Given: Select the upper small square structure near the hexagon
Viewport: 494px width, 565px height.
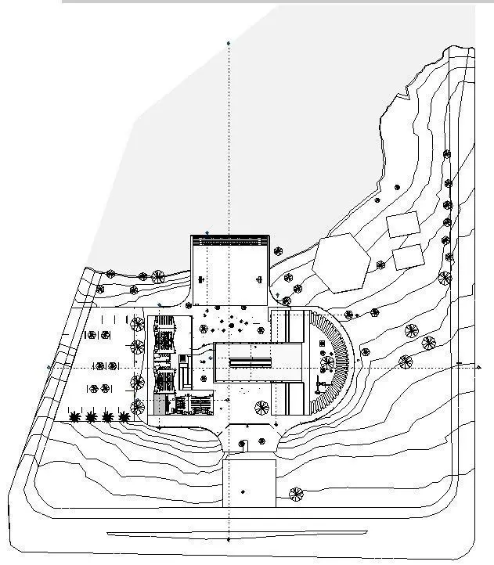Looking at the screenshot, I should pos(403,225).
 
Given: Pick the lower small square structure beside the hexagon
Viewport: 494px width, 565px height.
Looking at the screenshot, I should pos(408,256).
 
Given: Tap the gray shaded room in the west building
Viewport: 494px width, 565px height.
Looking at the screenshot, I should pos(160,405).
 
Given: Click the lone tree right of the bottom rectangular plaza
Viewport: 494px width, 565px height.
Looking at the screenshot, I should pos(296,494).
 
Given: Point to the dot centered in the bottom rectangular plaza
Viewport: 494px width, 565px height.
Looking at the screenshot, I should pos(243,491).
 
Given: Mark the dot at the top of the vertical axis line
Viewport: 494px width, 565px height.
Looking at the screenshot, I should pos(228,43).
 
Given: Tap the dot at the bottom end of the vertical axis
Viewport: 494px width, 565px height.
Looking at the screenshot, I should pos(228,540).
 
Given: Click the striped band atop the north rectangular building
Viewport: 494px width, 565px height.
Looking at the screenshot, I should pos(230,240).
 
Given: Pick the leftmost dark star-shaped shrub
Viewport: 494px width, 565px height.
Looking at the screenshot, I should pos(75,417).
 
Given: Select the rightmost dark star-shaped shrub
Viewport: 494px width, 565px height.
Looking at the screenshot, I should pos(124,417).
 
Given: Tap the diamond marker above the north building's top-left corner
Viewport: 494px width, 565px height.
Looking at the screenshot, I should pos(207,232).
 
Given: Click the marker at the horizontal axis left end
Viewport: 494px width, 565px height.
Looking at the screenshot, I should pos(49,366).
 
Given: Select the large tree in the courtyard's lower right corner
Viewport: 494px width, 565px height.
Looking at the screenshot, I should pos(261,407).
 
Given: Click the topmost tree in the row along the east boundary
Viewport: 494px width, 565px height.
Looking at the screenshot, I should pos(447,154).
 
